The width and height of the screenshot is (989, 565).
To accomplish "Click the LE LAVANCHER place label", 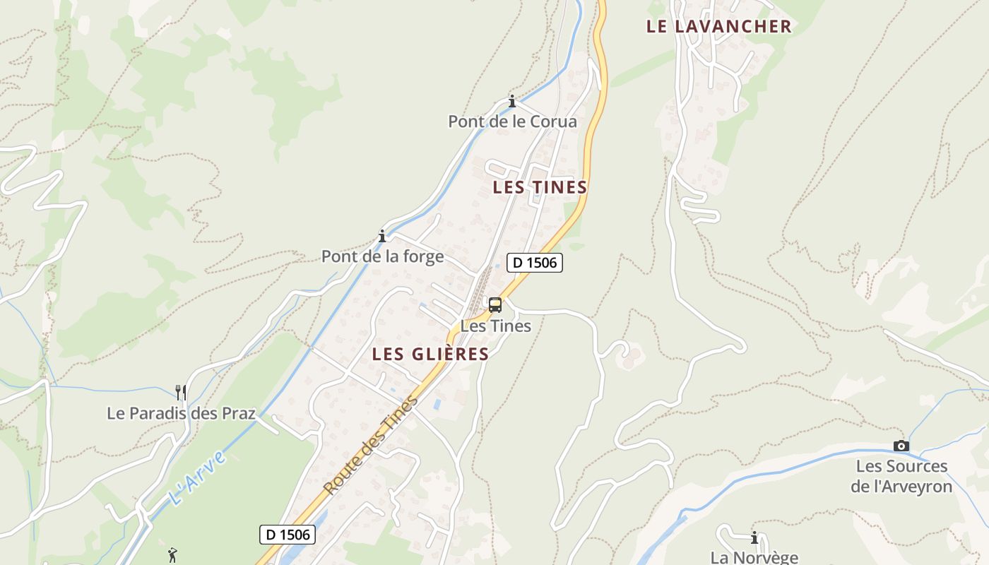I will (718, 27).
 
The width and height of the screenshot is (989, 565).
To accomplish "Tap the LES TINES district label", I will (540, 187).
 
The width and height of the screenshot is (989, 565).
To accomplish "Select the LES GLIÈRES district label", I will (430, 354).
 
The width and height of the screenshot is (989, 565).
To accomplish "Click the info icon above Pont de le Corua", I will (512, 101).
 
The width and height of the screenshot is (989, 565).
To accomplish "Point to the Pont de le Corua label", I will (512, 121).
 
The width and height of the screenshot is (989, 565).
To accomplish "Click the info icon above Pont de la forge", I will (382, 236).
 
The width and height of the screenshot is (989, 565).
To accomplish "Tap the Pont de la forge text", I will (382, 256).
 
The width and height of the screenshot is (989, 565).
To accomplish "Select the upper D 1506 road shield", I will (535, 263).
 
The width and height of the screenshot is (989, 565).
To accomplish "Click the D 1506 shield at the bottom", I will (287, 534).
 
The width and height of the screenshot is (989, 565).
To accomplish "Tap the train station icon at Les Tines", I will (495, 305).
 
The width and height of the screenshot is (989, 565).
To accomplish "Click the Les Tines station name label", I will (495, 326).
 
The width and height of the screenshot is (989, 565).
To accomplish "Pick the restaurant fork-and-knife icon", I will (181, 392).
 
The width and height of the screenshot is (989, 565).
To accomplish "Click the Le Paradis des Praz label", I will (181, 413).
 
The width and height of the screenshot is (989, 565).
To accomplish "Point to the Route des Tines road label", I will (371, 446).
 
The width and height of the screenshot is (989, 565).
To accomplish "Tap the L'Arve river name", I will (199, 477).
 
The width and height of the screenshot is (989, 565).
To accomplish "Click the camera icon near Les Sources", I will (901, 446).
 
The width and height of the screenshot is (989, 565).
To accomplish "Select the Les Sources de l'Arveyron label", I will (901, 476).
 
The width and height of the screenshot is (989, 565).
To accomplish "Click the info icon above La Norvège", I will (754, 537).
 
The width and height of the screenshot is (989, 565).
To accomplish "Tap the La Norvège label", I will (754, 557).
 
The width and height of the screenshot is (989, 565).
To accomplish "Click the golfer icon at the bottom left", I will (172, 555).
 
